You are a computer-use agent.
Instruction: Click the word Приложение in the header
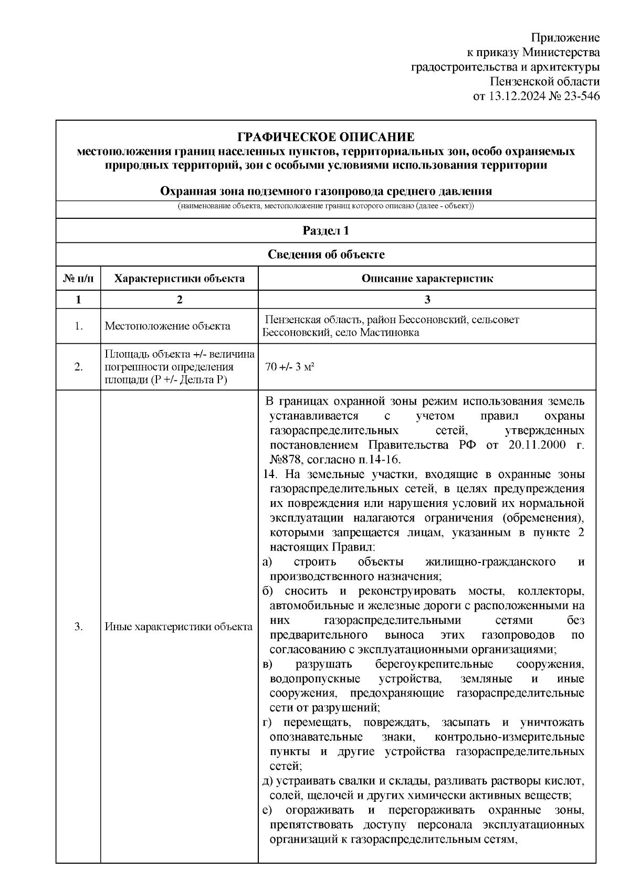(565, 38)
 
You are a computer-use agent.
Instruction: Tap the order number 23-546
(580, 96)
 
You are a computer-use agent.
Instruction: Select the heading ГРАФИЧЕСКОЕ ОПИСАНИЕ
(325, 137)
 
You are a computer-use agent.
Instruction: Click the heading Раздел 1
(325, 231)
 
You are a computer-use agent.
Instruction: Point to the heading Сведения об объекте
(325, 254)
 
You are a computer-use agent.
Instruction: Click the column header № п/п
(79, 278)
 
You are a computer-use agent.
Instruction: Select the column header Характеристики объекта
(180, 278)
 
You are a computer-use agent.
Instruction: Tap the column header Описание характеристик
(427, 278)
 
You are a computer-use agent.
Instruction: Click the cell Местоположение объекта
(167, 326)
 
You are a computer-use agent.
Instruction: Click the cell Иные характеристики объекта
(178, 627)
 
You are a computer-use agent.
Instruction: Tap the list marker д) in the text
(267, 781)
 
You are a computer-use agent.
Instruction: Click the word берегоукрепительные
(434, 664)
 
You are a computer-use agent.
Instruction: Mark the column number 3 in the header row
(427, 300)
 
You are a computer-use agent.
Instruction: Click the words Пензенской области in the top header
(544, 82)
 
